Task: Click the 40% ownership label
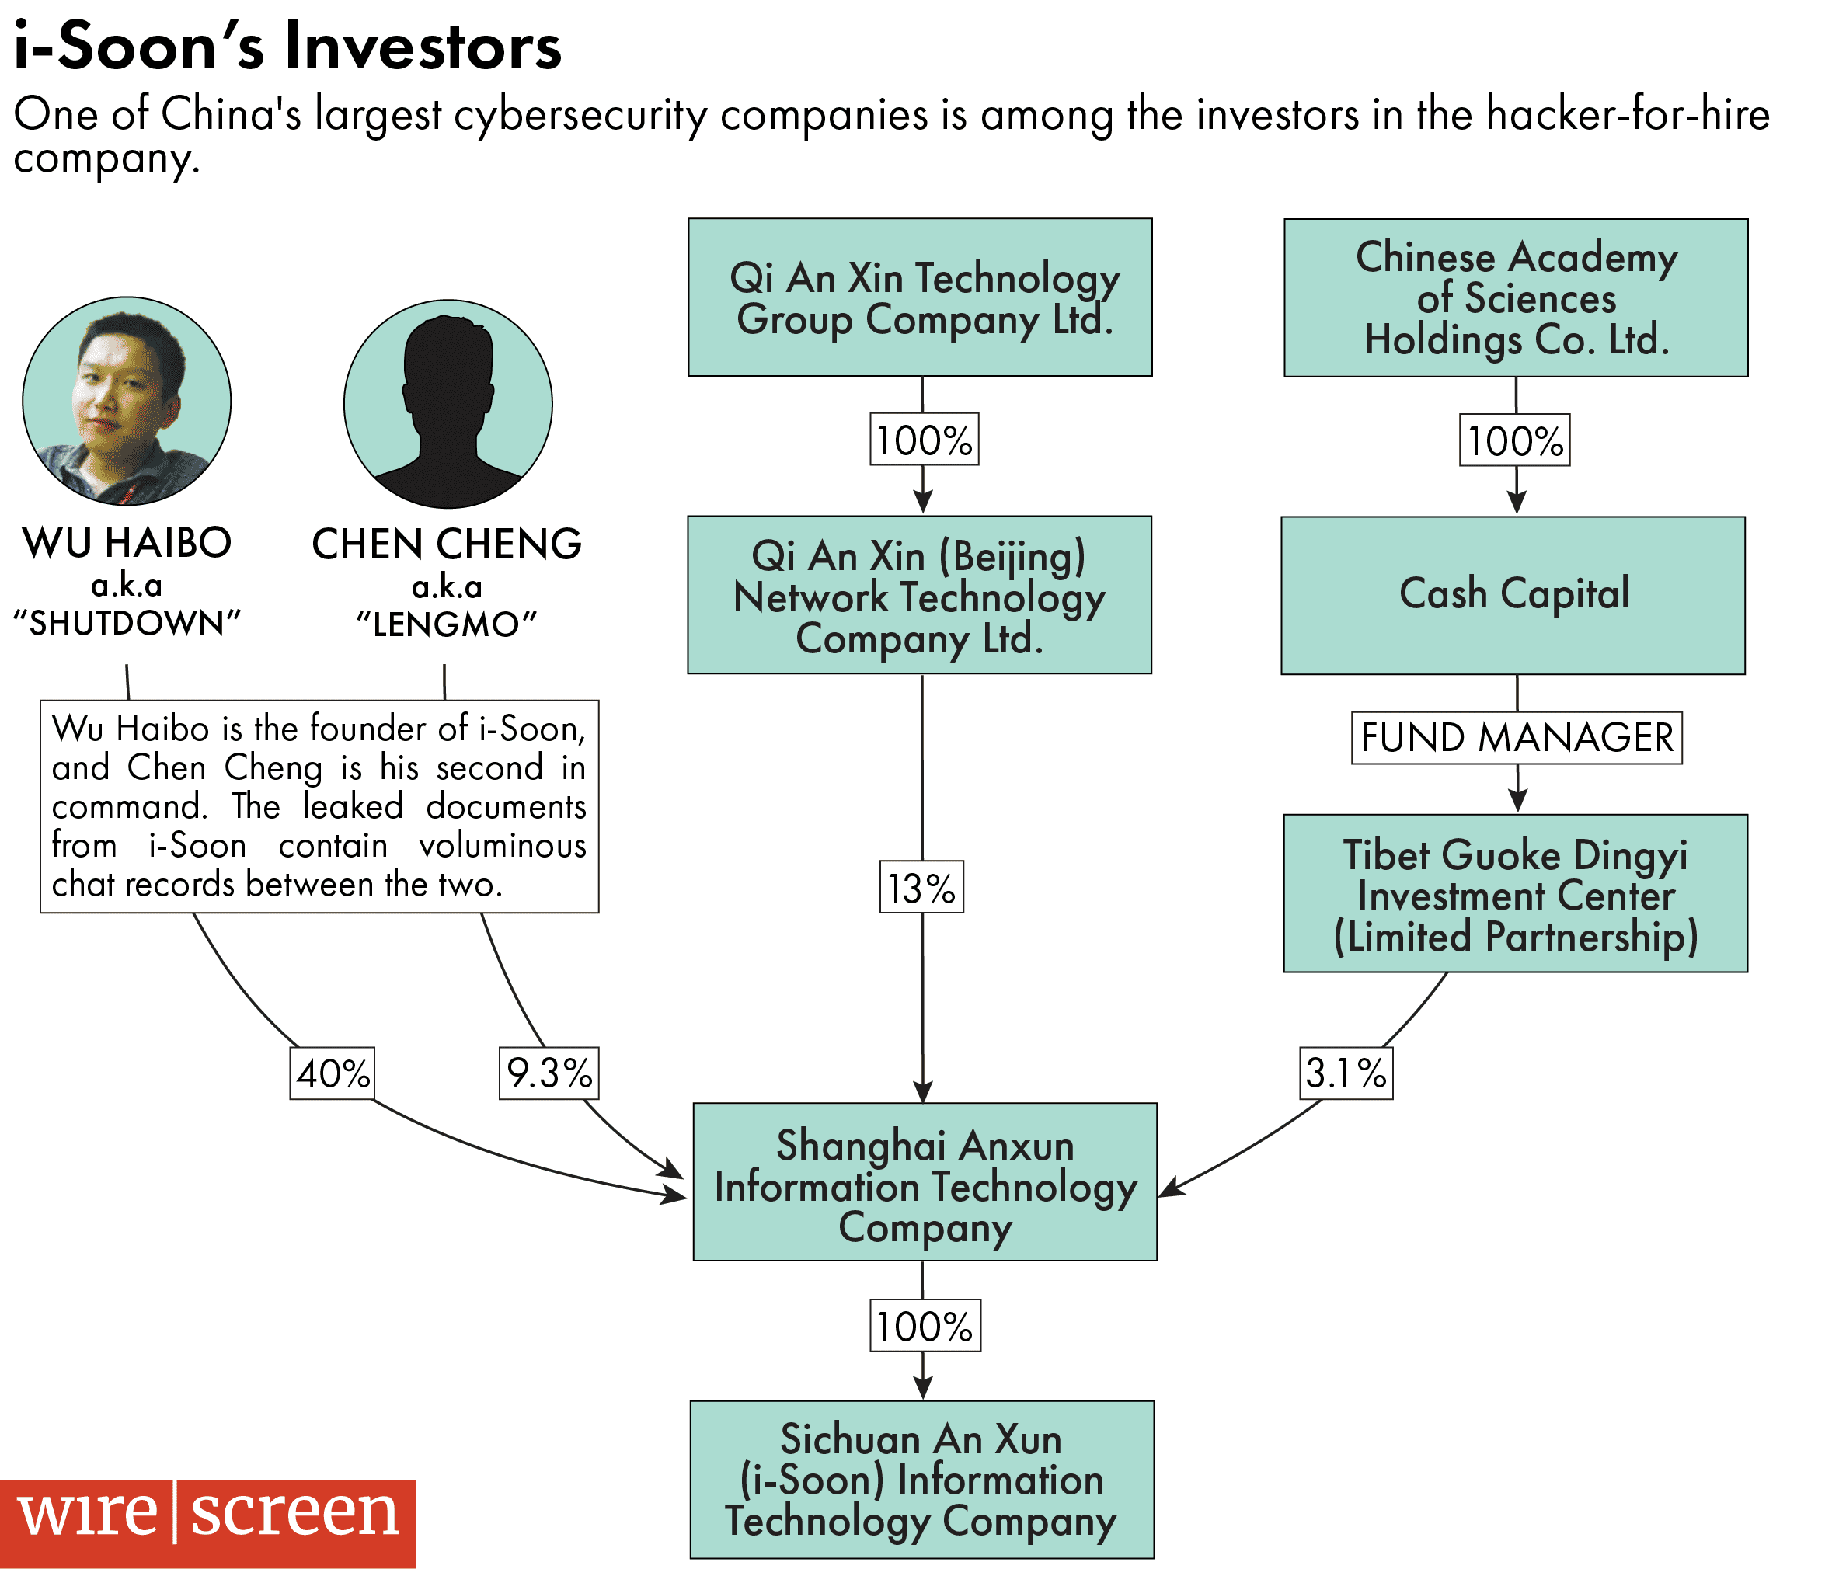point(332,1073)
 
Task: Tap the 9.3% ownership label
point(549,1073)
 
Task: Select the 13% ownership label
point(921,888)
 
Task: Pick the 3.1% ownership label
point(1346,1073)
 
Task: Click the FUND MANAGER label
point(1516,737)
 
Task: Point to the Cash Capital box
point(1513,594)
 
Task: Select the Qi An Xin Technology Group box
point(921,297)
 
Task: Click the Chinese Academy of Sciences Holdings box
point(1516,297)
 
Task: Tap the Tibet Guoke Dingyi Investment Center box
point(1515,894)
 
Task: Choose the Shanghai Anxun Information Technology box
point(925,1182)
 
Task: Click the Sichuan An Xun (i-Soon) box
point(922,1480)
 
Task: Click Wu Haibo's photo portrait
point(127,401)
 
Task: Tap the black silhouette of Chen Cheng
point(448,404)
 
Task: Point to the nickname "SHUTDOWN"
point(127,624)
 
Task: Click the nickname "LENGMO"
point(447,624)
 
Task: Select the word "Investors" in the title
point(423,46)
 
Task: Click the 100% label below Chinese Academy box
point(1515,440)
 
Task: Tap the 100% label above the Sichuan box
point(925,1326)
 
